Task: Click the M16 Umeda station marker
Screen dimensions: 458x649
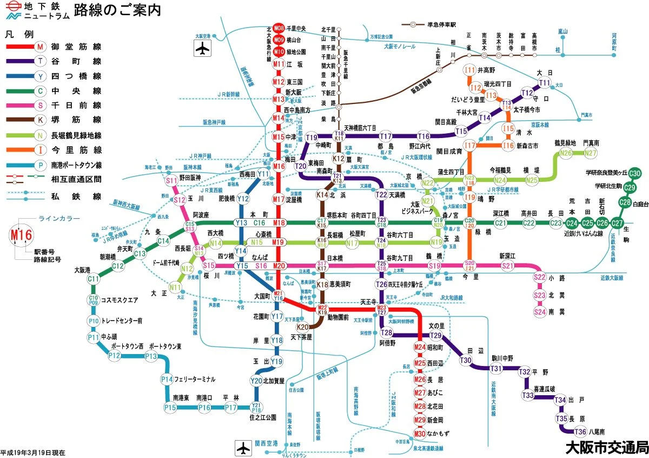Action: point(279,167)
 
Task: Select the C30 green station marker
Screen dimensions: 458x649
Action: point(635,173)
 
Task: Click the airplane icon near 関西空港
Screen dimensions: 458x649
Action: point(243,448)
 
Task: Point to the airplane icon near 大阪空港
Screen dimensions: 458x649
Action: point(202,49)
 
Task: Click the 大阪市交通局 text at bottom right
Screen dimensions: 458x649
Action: point(606,448)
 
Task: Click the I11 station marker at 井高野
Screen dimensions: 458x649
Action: point(470,70)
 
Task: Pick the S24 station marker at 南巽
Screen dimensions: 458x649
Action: point(539,311)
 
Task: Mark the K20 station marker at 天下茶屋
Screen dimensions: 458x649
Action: point(303,327)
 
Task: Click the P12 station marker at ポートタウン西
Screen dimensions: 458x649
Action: point(114,356)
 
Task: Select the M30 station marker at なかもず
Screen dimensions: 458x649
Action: point(420,433)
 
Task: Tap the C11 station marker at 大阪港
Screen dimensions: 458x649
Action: point(94,279)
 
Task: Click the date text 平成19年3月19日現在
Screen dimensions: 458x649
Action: point(33,452)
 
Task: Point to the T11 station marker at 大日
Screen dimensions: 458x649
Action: point(545,83)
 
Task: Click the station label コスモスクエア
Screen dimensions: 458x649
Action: point(120,300)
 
